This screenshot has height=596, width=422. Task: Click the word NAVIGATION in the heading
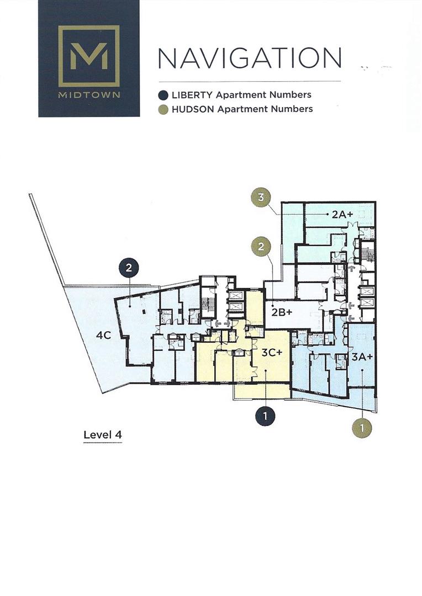250,58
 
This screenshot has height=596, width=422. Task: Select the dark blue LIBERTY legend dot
163,95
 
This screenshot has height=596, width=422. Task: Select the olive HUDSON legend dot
163,109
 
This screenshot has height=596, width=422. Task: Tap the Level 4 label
102,434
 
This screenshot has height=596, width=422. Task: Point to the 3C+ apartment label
272,353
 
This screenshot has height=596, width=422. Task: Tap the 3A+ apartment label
363,356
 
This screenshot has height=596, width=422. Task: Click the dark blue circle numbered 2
129,268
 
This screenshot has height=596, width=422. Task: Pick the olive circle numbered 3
261,198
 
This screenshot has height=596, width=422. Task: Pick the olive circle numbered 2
261,247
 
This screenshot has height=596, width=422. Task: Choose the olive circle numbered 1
362,427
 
